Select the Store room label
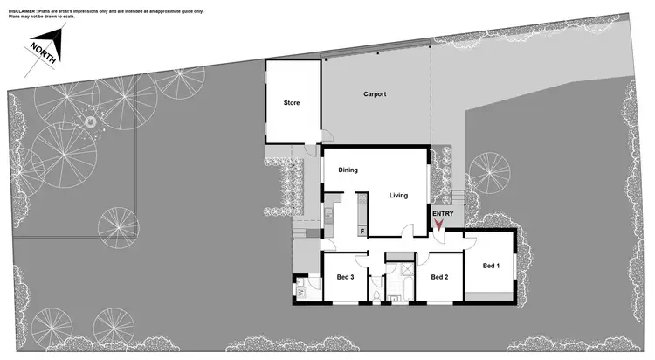(x=291, y=103)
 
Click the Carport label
(x=375, y=93)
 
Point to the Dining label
(x=348, y=170)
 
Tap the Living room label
(x=398, y=196)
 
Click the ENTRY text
(x=443, y=213)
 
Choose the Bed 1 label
(x=490, y=266)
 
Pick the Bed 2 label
(x=438, y=277)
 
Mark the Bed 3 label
(x=345, y=277)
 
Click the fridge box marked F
(x=362, y=232)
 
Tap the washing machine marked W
(x=301, y=293)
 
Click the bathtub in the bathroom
(x=402, y=255)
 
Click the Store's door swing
(x=325, y=135)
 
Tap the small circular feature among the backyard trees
(x=89, y=124)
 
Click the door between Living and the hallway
(x=405, y=232)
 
